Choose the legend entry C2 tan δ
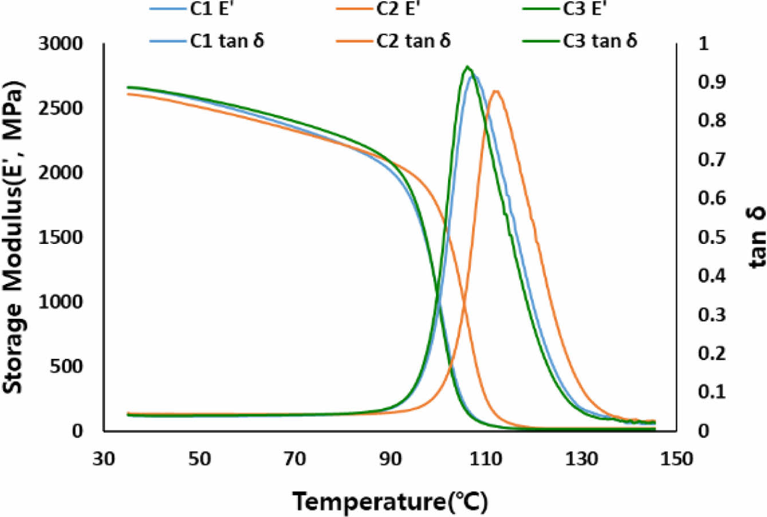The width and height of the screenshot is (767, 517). pyautogui.click(x=413, y=41)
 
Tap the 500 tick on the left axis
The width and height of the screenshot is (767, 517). pyautogui.click(x=66, y=366)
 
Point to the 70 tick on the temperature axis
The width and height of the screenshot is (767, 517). pyautogui.click(x=295, y=459)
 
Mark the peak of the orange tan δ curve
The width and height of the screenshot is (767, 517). pyautogui.click(x=497, y=90)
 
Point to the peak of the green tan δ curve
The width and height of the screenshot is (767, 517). pyautogui.click(x=467, y=67)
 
